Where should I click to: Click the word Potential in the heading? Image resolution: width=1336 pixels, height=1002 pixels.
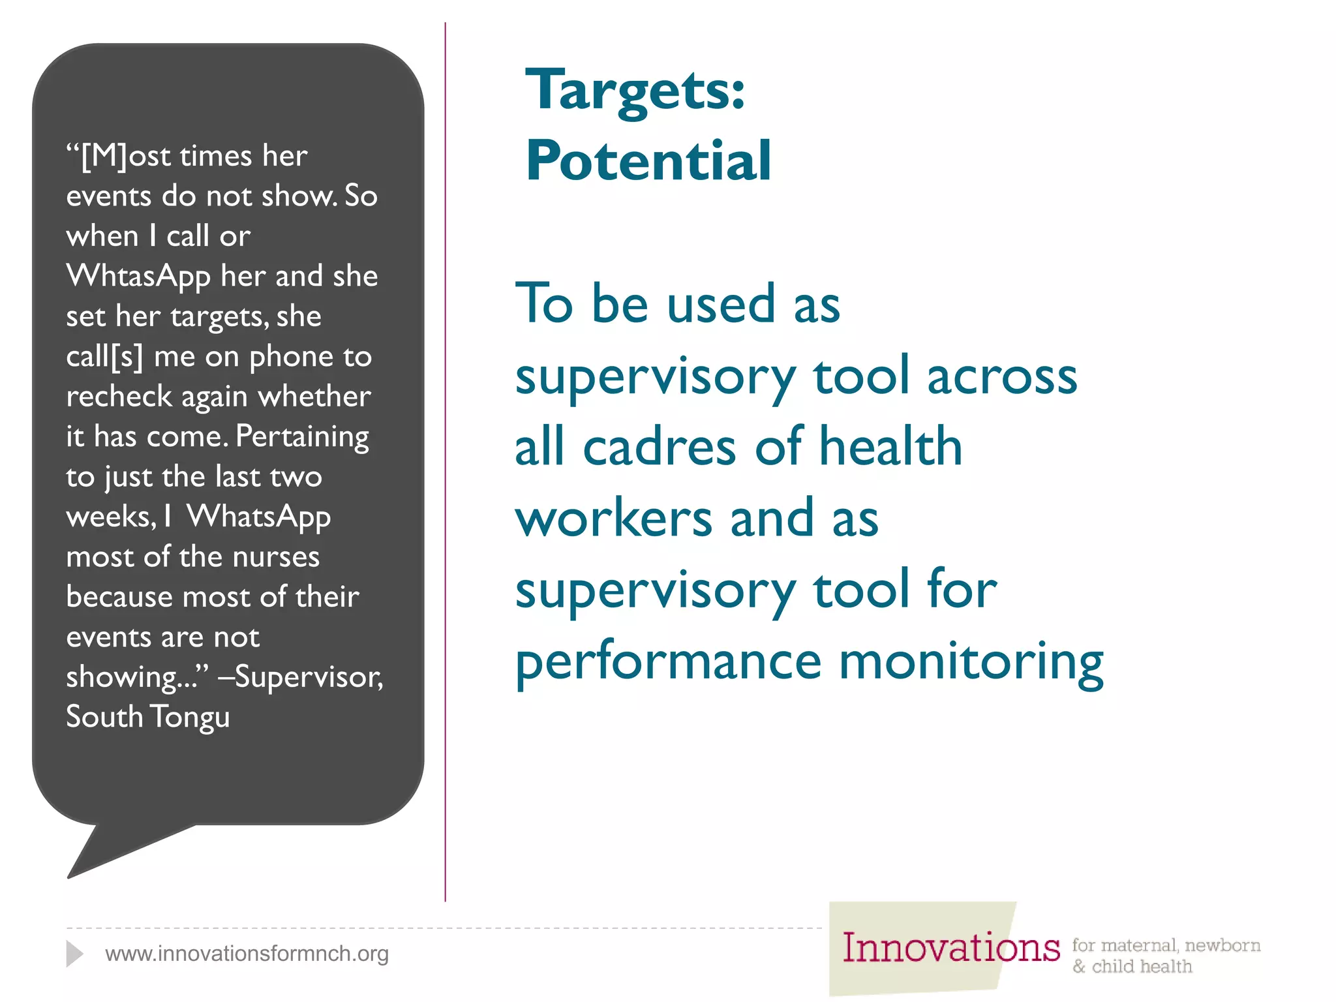[x=648, y=160]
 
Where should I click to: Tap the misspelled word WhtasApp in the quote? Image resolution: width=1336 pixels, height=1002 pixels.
[x=138, y=276]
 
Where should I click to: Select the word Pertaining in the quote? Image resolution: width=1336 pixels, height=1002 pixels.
[x=302, y=436]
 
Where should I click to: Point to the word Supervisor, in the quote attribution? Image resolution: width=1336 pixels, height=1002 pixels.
[x=309, y=676]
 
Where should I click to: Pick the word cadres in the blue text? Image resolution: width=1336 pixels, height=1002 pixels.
[x=660, y=448]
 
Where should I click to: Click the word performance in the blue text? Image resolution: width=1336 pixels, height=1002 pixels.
[x=668, y=661]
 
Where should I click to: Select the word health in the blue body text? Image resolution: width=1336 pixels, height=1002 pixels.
[x=890, y=447]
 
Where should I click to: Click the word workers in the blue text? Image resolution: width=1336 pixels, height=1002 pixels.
[x=613, y=519]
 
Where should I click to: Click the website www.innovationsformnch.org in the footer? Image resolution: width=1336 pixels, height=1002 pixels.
[x=247, y=954]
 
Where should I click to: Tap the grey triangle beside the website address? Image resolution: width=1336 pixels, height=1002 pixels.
[x=74, y=954]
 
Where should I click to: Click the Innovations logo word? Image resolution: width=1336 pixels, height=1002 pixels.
[x=950, y=948]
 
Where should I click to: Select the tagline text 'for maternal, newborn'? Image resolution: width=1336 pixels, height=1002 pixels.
[x=1166, y=945]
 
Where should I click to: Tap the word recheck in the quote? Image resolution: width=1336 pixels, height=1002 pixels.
[x=119, y=397]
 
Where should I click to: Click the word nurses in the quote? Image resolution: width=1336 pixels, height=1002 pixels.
[x=276, y=557]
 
